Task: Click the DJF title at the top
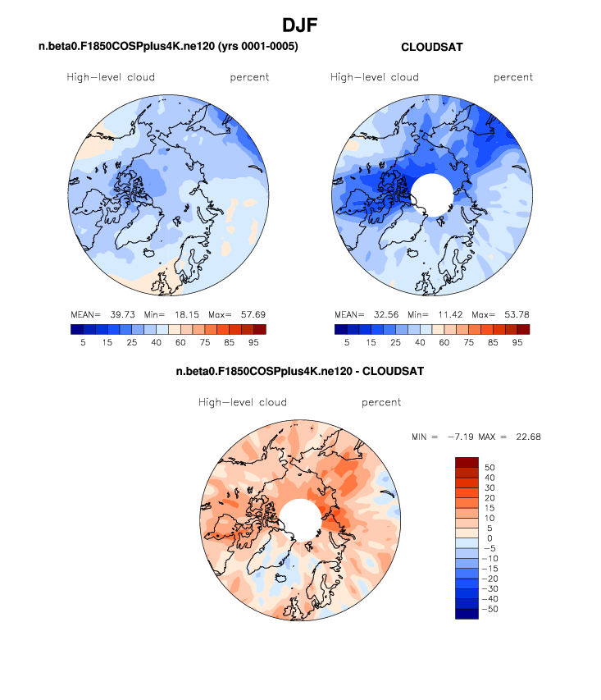pos(300,26)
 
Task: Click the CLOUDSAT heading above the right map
pos(431,48)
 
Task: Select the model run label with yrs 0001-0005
pos(168,48)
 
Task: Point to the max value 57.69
pos(252,314)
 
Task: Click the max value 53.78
pos(516,314)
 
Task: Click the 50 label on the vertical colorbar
pos(490,467)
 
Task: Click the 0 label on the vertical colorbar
pos(489,538)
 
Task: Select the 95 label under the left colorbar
pos(254,343)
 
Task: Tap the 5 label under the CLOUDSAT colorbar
pos(348,343)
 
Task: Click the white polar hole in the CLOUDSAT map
pos(431,194)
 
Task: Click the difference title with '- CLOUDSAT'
pos(300,372)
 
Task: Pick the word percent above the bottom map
pos(381,403)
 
